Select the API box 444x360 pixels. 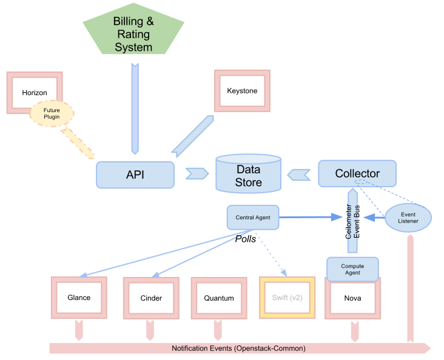[135, 175]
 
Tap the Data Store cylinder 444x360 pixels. [249, 175]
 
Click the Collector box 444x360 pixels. [357, 173]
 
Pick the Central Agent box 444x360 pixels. [253, 217]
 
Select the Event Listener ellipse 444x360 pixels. [408, 218]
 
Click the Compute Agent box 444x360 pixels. [352, 269]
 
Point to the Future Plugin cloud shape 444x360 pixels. [52, 113]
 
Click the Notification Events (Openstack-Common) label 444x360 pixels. [238, 348]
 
